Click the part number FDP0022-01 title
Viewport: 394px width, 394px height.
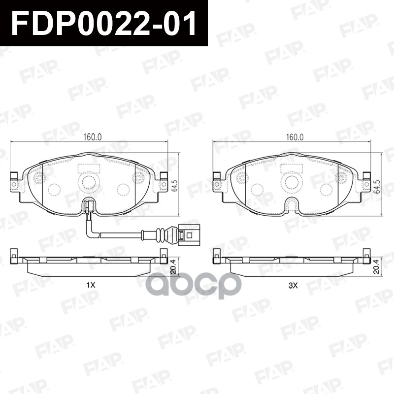coord(103,24)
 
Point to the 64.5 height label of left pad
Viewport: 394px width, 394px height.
coord(174,186)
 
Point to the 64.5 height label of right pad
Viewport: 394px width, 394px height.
coord(378,186)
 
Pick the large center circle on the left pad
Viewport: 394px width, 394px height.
coord(89,183)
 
